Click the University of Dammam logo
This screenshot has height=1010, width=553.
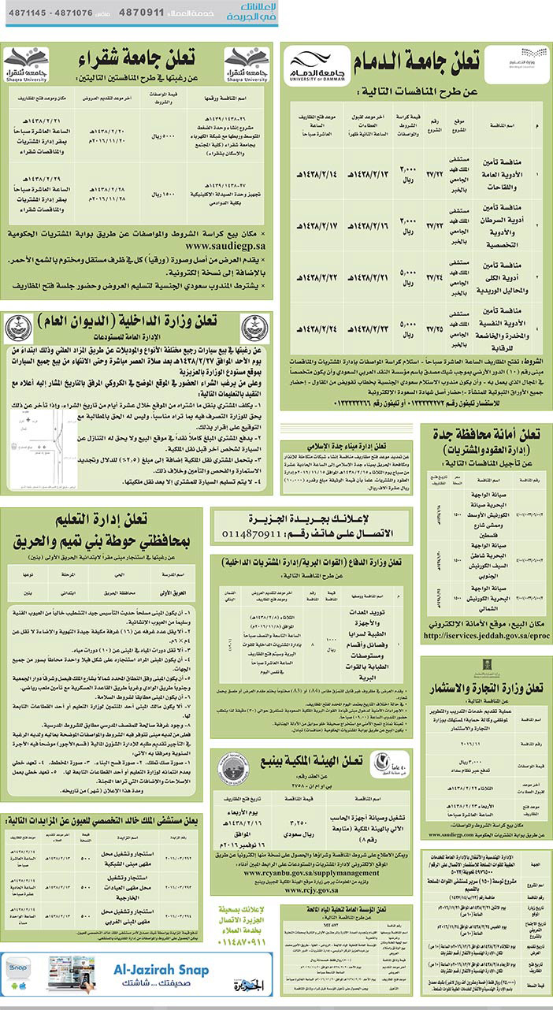click(x=312, y=64)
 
